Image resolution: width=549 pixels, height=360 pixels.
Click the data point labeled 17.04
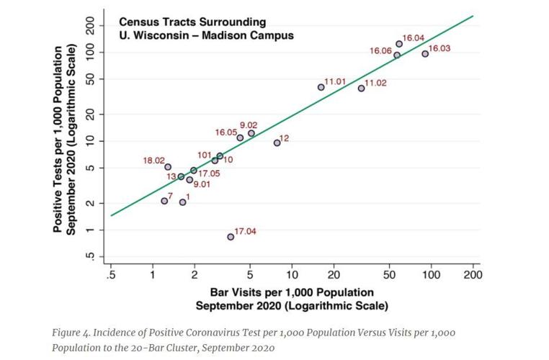coord(231,236)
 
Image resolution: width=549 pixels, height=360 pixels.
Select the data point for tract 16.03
coord(425,53)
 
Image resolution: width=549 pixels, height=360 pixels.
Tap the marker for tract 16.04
coord(399,44)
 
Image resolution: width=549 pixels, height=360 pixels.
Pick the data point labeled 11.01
coord(321,87)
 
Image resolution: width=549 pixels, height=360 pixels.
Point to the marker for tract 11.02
coord(361,88)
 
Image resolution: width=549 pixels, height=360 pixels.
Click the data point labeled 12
coord(277,143)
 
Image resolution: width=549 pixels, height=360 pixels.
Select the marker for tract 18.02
coord(168,167)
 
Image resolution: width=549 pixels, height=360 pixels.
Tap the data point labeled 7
coord(164,201)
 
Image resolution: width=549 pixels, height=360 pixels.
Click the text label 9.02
coord(249,125)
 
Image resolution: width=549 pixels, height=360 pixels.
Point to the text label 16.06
coord(380,51)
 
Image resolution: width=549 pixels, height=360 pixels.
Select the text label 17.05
coord(210,174)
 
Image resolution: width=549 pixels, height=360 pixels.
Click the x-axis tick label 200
coord(473,276)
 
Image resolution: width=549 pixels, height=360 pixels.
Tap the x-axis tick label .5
coord(110,276)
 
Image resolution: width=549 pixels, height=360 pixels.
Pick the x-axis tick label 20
coord(334,276)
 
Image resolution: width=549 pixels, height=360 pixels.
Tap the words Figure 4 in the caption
coord(72,333)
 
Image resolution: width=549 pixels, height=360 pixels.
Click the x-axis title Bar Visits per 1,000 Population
coord(292,292)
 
